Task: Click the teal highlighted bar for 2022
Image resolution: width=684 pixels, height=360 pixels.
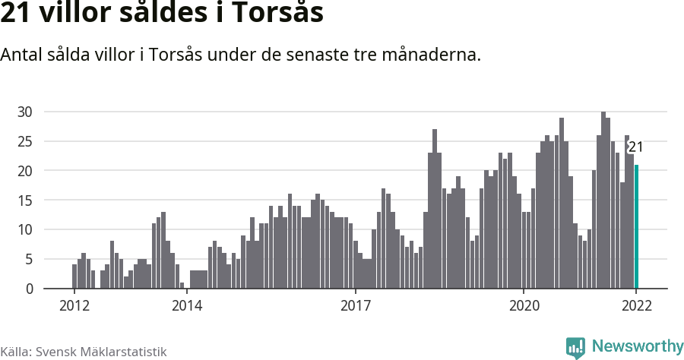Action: [636, 226]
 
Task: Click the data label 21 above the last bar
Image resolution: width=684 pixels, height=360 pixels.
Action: [635, 147]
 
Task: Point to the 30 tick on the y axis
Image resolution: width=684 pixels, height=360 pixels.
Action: [26, 112]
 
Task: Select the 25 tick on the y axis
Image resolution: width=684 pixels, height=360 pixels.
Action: [26, 141]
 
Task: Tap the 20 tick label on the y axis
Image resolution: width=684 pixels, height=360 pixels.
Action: [26, 171]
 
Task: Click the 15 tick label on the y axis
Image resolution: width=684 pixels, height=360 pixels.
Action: [26, 201]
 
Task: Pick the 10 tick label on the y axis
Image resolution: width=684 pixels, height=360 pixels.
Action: [26, 229]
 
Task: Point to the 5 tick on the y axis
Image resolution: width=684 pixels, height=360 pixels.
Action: [30, 259]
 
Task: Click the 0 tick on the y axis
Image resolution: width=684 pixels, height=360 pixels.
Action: [30, 289]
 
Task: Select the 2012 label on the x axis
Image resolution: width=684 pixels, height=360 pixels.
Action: [74, 306]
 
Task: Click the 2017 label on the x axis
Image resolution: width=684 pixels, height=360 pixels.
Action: [355, 306]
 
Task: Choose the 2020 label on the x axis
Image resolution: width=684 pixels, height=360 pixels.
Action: [524, 306]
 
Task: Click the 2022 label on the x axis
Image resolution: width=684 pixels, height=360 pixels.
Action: [636, 306]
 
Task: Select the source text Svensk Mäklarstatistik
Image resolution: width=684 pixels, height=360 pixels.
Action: [100, 352]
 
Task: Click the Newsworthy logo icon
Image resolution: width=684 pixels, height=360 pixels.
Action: [575, 348]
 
